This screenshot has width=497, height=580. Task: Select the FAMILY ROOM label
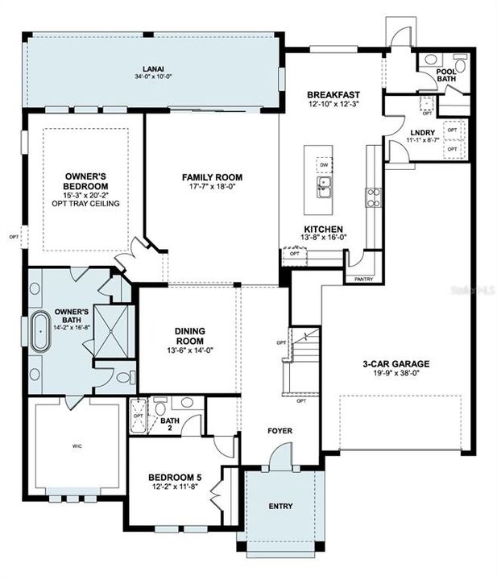tap(212, 177)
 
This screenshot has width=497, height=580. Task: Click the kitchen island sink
tap(324, 189)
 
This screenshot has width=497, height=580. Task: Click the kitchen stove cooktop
tap(374, 197)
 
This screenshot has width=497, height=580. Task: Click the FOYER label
tap(280, 430)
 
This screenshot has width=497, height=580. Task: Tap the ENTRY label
tap(280, 507)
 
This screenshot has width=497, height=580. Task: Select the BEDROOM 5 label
tap(176, 477)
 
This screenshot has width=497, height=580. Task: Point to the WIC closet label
tap(77, 445)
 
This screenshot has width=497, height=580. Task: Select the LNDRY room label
tap(423, 132)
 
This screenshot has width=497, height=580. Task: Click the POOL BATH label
tap(446, 75)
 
